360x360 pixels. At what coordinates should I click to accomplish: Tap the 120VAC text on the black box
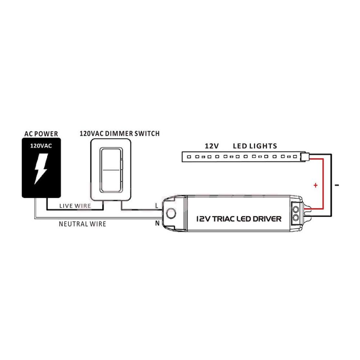click(x=41, y=146)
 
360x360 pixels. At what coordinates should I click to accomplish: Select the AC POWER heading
click(x=41, y=134)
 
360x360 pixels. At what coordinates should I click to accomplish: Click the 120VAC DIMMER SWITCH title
click(x=120, y=134)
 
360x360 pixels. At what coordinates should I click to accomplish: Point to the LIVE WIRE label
click(x=75, y=206)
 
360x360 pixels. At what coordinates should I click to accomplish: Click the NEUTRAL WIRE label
click(x=82, y=224)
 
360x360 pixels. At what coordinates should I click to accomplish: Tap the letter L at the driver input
click(x=157, y=206)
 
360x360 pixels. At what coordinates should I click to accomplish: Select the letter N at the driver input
click(x=157, y=223)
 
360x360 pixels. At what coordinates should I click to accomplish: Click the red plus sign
click(x=315, y=185)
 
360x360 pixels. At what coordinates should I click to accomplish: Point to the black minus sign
click(x=337, y=185)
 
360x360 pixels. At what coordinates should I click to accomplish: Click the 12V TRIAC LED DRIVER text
click(x=239, y=219)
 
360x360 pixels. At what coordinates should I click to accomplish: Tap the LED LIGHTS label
click(x=255, y=146)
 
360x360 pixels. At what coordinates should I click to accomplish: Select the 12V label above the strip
click(x=212, y=146)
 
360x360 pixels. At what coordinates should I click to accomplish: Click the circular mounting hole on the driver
click(x=171, y=213)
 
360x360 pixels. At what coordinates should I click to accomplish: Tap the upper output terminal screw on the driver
click(x=296, y=209)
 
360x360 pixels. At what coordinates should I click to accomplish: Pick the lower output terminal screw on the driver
click(x=296, y=217)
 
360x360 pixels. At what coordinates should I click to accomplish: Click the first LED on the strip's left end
click(x=189, y=157)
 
